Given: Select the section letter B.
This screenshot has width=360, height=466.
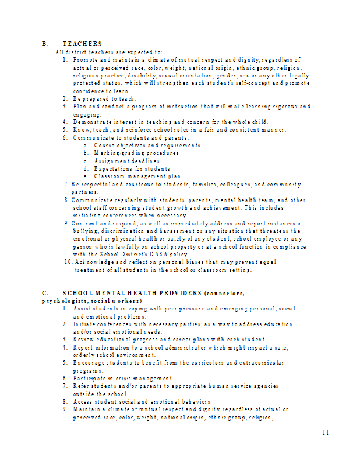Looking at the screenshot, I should coord(44,44).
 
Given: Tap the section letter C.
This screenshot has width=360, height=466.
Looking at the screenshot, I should coord(44,293).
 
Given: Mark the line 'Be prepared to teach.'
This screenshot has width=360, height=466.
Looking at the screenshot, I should coord(105,98).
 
